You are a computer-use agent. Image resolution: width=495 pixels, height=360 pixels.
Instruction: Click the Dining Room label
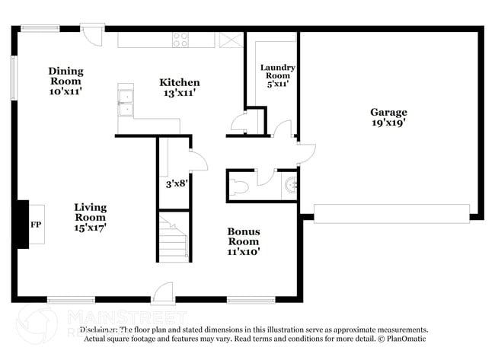[x=66, y=81]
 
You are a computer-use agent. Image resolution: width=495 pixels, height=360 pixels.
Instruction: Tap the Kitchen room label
[x=179, y=88]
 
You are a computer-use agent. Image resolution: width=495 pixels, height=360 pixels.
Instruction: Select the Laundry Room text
[x=277, y=76]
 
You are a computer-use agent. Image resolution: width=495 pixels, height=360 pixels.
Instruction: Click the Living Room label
[x=90, y=216]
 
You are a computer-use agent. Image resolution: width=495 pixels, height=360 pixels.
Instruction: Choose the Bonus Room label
[x=244, y=241]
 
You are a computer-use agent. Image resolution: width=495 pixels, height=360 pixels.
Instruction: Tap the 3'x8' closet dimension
[x=177, y=183]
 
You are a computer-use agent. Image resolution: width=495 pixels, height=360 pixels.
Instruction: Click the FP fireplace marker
[x=35, y=225]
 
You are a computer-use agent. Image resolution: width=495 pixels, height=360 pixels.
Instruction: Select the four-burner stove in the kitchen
[x=180, y=40]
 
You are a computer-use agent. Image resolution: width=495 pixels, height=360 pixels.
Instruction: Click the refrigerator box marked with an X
[x=228, y=40]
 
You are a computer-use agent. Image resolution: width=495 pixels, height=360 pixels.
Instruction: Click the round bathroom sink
[x=290, y=184]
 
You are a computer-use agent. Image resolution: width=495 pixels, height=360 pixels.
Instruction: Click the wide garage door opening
[x=391, y=213]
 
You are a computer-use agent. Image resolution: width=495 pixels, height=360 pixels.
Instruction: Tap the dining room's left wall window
[x=13, y=77]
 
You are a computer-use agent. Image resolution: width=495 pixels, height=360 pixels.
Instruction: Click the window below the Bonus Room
[x=251, y=300]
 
